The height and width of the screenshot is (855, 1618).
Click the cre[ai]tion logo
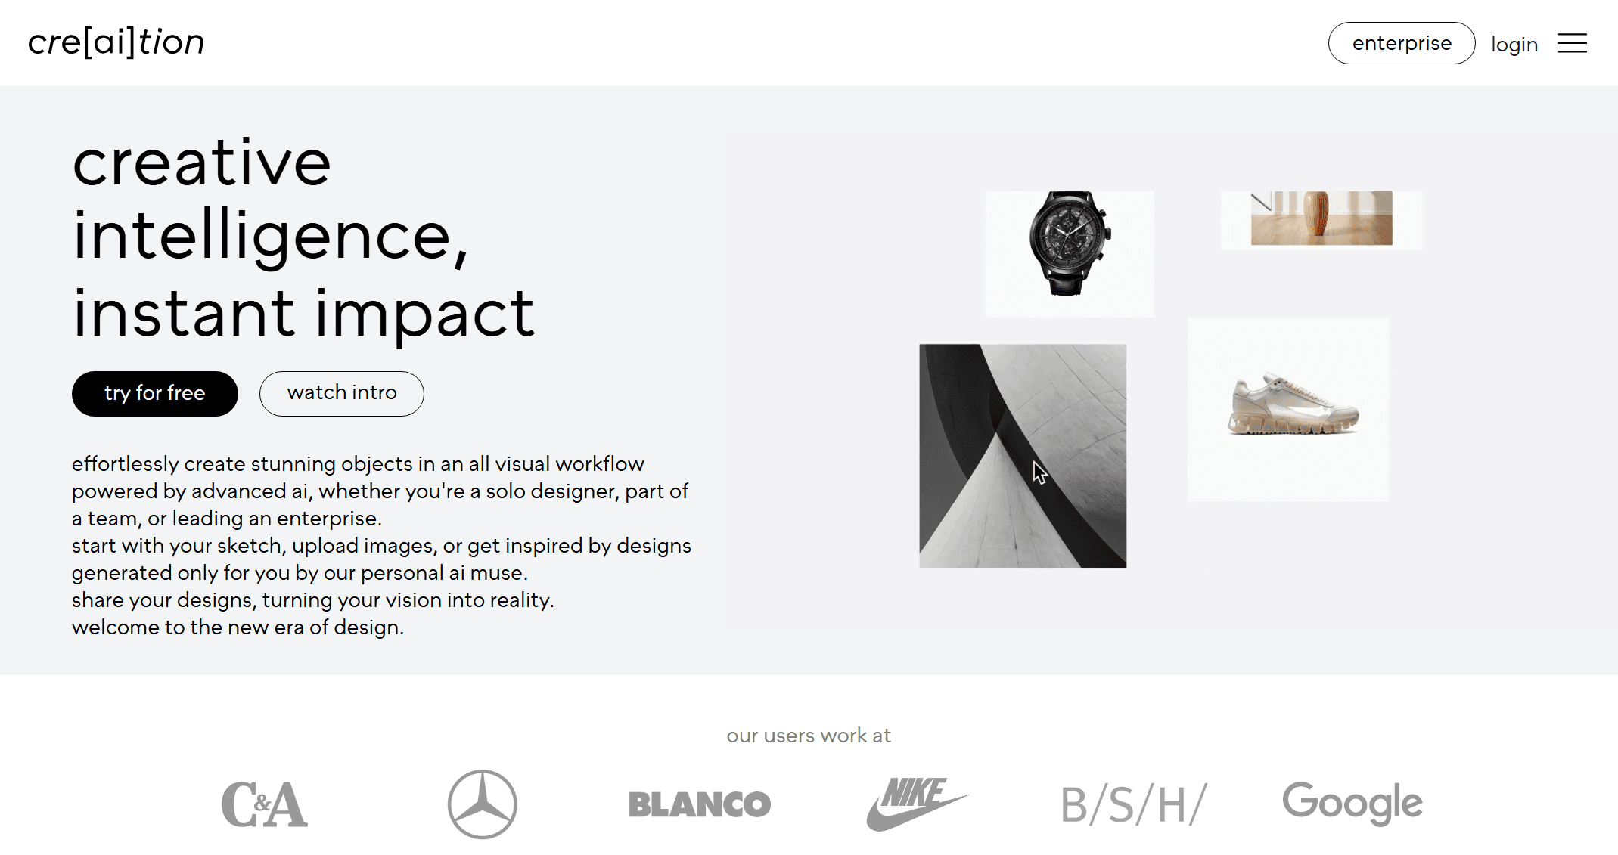[x=116, y=42]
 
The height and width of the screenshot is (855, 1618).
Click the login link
[x=1514, y=45]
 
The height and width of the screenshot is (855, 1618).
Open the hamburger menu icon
[x=1572, y=43]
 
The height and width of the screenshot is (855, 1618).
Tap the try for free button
[x=155, y=393]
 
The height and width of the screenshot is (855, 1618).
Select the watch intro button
[x=342, y=393]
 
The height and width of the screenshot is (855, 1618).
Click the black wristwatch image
[x=1070, y=243]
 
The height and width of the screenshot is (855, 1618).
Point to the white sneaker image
[x=1293, y=404]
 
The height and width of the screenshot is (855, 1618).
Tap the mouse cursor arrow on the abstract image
[x=1040, y=472]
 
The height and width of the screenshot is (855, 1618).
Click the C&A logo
[x=264, y=804]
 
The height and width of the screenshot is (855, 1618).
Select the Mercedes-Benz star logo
[x=483, y=804]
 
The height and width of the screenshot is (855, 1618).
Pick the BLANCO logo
[x=700, y=804]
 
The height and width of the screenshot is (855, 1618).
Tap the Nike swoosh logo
[x=917, y=804]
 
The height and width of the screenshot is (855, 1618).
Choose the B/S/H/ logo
[x=1133, y=804]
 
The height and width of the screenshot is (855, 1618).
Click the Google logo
[x=1352, y=804]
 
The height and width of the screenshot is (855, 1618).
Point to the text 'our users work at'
[x=809, y=736]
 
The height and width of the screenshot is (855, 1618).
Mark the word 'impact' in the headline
[x=425, y=314]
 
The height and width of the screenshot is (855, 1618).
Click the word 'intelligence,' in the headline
[x=271, y=237]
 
